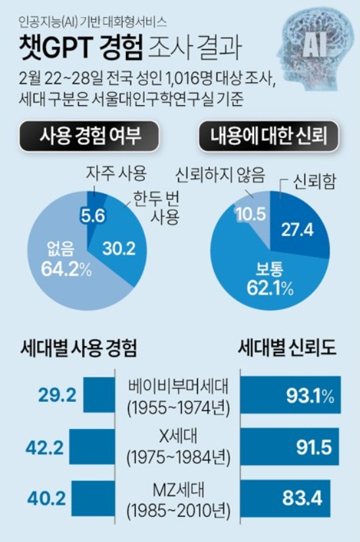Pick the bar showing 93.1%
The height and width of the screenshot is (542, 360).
292,395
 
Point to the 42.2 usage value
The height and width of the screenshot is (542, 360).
45,447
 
